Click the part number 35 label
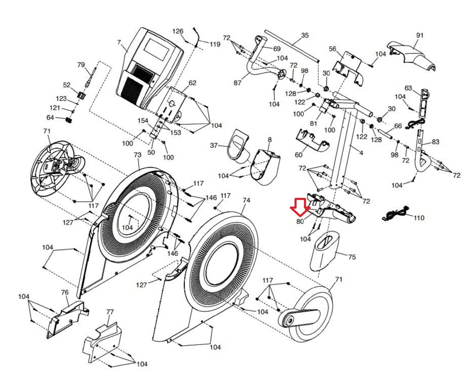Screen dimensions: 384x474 305,35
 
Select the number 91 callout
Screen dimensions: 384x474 420,35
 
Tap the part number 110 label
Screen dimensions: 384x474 419,218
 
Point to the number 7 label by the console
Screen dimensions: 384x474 119,42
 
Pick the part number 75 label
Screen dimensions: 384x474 352,257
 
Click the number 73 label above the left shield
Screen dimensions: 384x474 137,155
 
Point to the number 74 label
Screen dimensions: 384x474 246,200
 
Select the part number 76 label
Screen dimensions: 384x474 65,292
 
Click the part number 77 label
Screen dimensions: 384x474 110,312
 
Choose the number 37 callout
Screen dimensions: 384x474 214,145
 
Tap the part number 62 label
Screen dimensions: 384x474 192,83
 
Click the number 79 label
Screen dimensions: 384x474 81,65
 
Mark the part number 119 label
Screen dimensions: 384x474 215,44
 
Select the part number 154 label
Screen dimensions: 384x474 143,120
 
